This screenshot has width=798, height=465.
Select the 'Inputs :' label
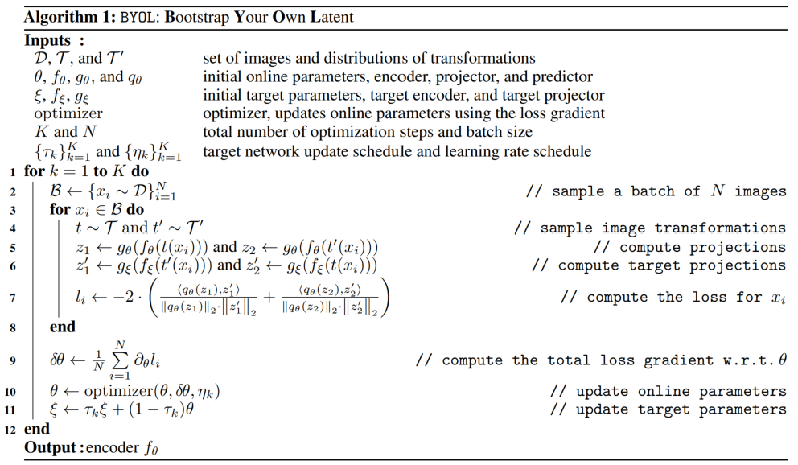click(x=56, y=39)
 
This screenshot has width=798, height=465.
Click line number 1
click(x=13, y=172)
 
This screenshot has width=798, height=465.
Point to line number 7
click(x=13, y=297)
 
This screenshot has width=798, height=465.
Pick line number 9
click(x=13, y=360)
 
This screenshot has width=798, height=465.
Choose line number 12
click(x=10, y=429)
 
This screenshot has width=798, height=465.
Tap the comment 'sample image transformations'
click(x=649, y=228)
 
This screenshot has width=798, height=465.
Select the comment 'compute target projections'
click(x=659, y=265)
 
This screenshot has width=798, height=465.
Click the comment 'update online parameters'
click(x=668, y=392)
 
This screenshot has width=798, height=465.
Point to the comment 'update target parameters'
click(x=668, y=410)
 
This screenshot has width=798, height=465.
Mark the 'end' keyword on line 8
click(x=62, y=327)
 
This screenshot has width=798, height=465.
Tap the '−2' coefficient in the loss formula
click(x=119, y=297)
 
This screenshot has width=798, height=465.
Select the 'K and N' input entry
click(x=56, y=132)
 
